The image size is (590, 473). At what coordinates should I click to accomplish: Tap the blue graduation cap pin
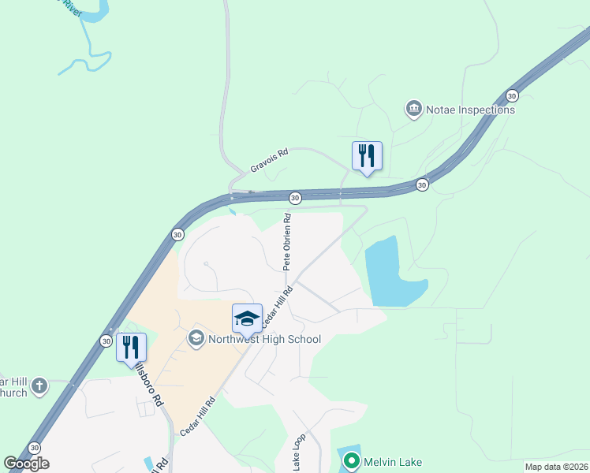pos(247,318)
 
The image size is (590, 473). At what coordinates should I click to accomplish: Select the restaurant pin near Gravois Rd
pos(366,155)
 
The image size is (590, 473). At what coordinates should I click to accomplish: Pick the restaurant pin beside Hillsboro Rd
pos(131,348)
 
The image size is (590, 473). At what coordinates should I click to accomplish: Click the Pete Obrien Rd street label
pos(287,240)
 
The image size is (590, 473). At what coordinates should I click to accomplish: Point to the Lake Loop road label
pos(298,453)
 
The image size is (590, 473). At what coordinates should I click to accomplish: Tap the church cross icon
pos(40,386)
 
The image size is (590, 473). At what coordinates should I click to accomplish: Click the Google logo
pos(27,464)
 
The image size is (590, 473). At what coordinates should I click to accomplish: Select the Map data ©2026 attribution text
pos(555,467)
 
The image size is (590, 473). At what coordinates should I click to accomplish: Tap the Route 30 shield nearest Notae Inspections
pos(513,95)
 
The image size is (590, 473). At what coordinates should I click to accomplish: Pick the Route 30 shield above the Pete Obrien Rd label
pos(295,197)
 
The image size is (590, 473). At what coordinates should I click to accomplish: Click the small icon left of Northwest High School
pos(196,339)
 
